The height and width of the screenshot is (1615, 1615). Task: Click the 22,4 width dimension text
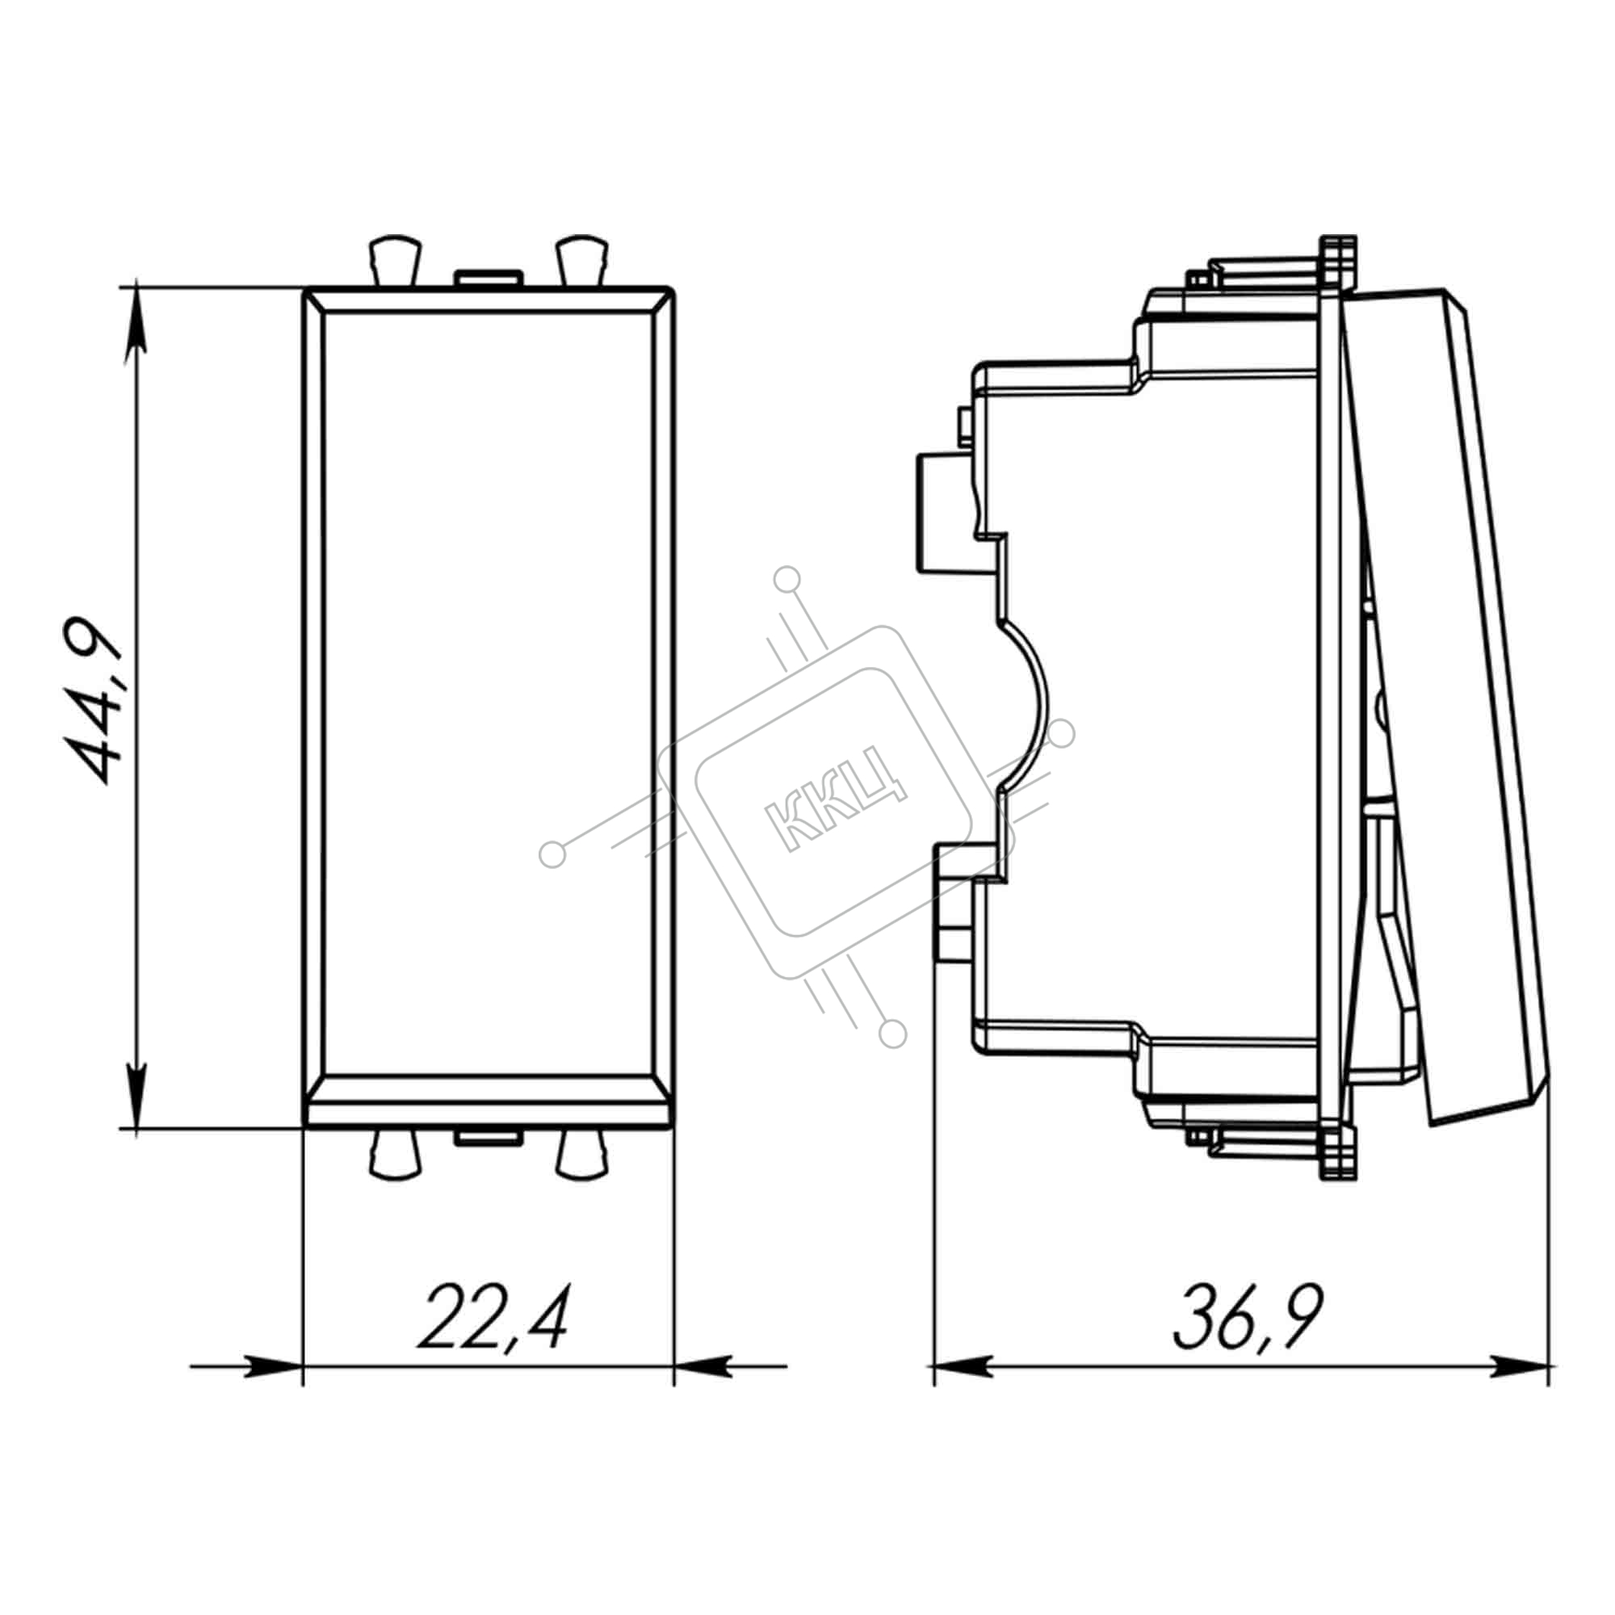pyautogui.click(x=494, y=1319)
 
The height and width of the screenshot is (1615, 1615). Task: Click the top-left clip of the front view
pyautogui.click(x=394, y=261)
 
